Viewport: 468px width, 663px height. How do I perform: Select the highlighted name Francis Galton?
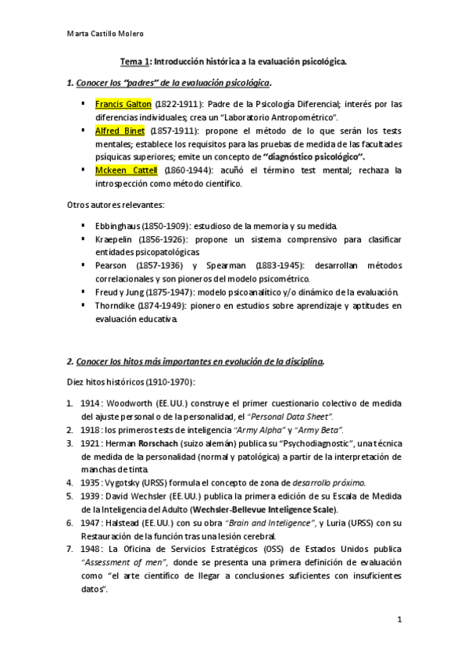[x=123, y=103]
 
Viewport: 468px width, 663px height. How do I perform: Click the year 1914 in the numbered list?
[x=90, y=403]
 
